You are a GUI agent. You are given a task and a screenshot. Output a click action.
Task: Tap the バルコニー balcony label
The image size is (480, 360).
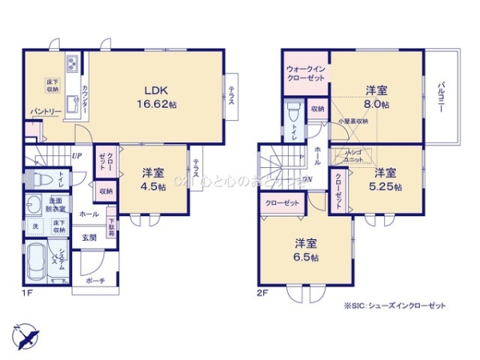[x=441, y=98]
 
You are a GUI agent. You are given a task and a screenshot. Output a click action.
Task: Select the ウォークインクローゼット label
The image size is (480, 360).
[x=306, y=73]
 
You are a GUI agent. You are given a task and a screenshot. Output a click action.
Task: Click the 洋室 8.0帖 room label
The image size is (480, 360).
[x=377, y=97]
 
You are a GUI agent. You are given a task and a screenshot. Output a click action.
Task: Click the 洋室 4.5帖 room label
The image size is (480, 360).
[x=154, y=179]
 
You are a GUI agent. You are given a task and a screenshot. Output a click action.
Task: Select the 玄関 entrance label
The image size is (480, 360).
[x=88, y=238]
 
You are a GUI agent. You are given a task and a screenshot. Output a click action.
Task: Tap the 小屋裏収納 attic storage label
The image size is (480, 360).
[x=353, y=121]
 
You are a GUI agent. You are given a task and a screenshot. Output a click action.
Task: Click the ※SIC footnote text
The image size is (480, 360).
[x=394, y=306]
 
